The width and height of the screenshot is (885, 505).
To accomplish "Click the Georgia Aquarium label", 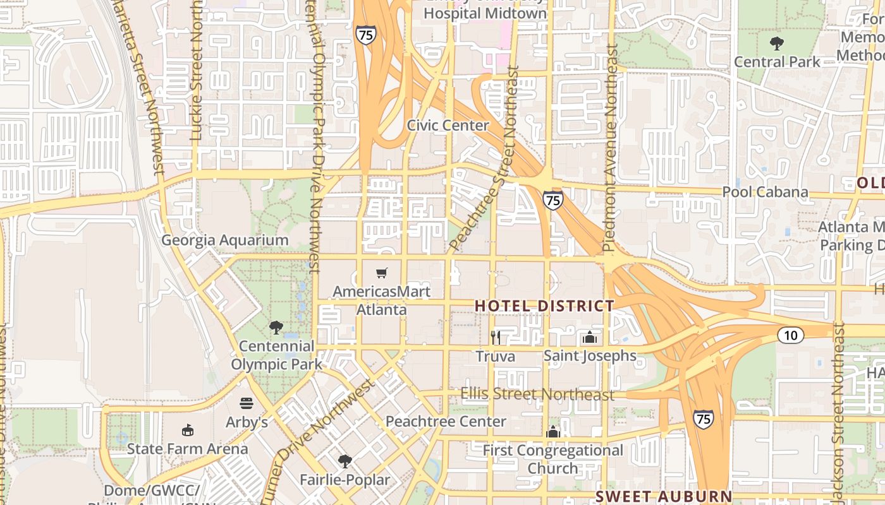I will point(225,241).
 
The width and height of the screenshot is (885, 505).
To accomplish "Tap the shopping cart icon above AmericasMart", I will point(381,273).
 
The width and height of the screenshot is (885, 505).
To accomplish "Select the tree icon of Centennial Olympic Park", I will point(276,328).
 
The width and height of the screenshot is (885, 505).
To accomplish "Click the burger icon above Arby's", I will point(247,403).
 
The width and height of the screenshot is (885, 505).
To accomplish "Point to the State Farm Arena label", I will point(187,449).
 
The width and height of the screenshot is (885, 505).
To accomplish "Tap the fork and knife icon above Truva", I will point(496,338).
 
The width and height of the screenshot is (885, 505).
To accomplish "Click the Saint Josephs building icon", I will point(590,337).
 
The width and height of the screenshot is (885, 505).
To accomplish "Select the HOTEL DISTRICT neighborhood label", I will point(544,306).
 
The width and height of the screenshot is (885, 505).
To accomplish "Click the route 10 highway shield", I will point(791,335).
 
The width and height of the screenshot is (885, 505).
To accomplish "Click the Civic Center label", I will point(448,125).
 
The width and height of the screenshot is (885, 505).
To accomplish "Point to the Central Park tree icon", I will point(777,44).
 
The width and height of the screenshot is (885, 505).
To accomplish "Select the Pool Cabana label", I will point(765,192).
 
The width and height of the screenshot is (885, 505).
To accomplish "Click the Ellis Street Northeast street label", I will point(537,395).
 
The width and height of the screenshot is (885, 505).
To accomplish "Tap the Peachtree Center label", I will point(446,421).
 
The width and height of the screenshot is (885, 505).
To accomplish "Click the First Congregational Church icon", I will point(553,432).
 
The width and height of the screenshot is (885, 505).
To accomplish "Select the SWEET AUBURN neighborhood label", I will point(664,496).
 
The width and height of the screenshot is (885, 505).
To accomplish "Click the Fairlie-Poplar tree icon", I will point(345,461).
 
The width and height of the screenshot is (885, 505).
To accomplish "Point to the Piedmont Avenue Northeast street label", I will point(610,148).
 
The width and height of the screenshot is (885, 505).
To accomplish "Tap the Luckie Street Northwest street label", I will point(196,69).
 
